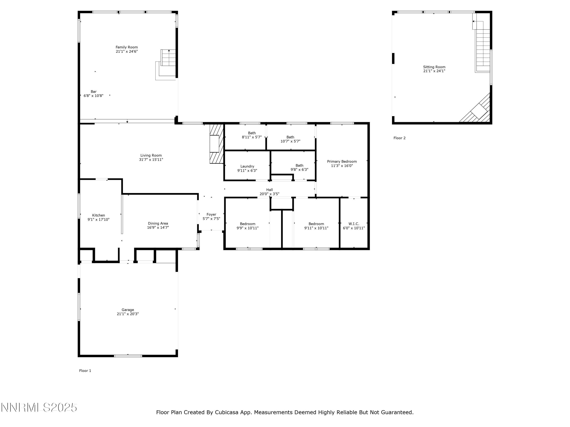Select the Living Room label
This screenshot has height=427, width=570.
pos(151,155)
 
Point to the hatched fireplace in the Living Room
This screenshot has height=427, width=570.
pos(216,144)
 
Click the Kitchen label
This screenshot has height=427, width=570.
pos(98,215)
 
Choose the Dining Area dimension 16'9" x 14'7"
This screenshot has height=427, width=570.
pos(158,228)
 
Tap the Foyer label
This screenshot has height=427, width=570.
pos(211,214)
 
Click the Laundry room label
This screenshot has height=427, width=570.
pos(247,166)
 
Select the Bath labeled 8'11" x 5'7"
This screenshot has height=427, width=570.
pos(252,135)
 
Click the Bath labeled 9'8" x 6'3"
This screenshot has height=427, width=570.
pos(299,168)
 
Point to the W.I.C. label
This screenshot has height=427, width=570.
pos(354,224)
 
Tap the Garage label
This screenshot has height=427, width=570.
pos(128,310)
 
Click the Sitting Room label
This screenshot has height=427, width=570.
pos(434,67)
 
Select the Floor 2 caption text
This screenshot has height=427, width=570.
pos(399,138)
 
